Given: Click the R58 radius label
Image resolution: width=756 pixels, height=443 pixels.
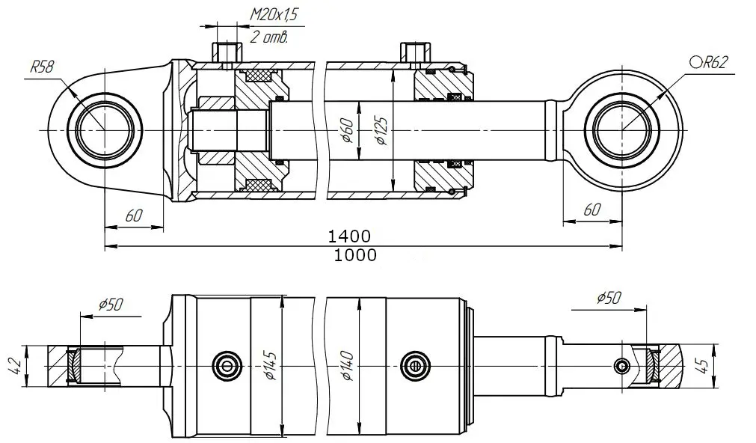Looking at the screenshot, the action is click(x=42, y=66).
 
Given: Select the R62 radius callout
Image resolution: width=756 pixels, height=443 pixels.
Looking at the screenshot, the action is click(x=708, y=62).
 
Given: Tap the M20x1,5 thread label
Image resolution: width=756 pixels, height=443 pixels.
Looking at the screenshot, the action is click(x=274, y=15).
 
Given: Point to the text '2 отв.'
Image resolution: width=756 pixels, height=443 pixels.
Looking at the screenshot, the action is click(x=269, y=37).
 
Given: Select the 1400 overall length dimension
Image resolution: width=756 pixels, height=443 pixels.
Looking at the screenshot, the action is click(x=349, y=236).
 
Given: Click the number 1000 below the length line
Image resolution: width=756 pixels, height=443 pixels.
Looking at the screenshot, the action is click(x=355, y=254).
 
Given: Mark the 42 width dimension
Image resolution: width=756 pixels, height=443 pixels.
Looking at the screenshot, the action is click(x=16, y=366).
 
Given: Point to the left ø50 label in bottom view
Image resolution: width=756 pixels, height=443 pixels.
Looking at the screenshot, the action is click(x=111, y=305).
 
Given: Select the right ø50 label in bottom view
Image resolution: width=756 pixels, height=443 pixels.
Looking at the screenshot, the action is click(x=609, y=298).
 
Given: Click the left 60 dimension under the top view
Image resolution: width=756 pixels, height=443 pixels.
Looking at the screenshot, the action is click(x=134, y=216).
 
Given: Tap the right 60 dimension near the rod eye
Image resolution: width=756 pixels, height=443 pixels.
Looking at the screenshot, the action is click(x=592, y=210).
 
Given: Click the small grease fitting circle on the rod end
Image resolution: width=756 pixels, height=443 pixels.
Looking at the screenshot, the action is click(x=621, y=366).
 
